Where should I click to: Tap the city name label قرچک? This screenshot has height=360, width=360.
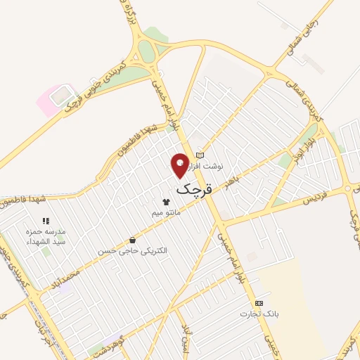pyautogui.click(x=193, y=188)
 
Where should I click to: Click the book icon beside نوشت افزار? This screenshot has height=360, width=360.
pyautogui.click(x=200, y=155)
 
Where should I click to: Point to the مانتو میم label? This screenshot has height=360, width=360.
pyautogui.click(x=167, y=211)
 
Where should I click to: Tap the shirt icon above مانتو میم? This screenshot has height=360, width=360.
pyautogui.click(x=166, y=201)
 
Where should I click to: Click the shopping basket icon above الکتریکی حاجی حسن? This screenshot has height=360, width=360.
pyautogui.click(x=132, y=240)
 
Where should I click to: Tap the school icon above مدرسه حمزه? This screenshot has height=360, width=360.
pyautogui.click(x=46, y=221)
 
